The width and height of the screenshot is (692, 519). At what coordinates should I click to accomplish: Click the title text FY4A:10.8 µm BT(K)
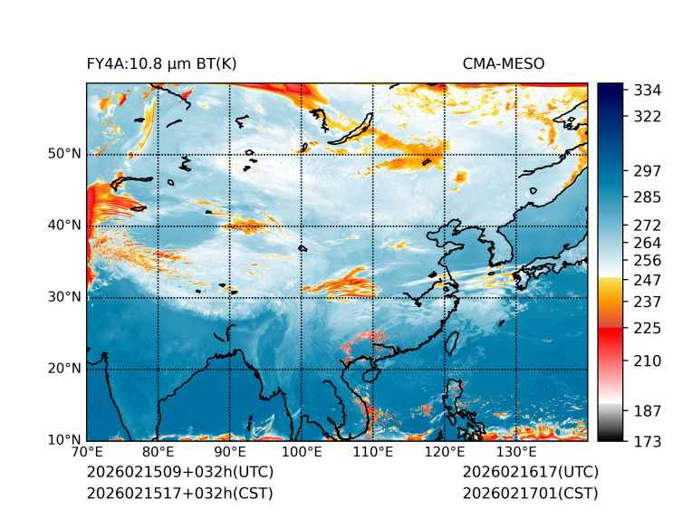point(162,63)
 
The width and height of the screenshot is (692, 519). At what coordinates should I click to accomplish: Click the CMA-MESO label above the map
point(504,63)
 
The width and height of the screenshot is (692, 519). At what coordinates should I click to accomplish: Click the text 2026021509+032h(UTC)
point(179,472)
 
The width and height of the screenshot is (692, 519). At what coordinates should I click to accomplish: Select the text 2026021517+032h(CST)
point(179,494)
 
